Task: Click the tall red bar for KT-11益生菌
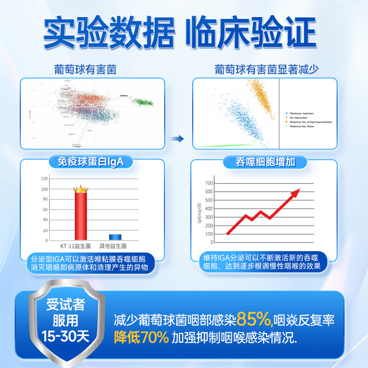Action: pos(81,215)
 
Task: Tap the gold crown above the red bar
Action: pos(81,189)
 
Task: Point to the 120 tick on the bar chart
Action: pos(45,178)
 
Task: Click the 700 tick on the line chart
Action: pos(209,183)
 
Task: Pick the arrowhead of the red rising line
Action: pos(296,191)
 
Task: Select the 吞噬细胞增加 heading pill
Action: pos(265,162)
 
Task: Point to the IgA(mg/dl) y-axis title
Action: pos(200,212)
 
